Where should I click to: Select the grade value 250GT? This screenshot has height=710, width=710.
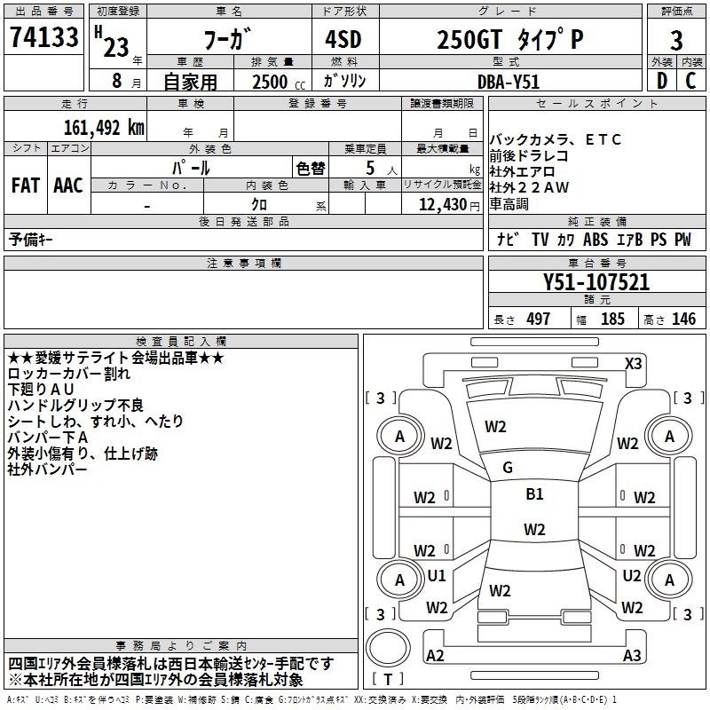(x=470, y=41)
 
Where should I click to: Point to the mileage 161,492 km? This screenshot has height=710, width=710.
(x=103, y=127)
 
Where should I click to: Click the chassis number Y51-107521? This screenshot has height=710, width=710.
(x=596, y=283)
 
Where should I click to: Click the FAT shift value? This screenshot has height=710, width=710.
(x=26, y=185)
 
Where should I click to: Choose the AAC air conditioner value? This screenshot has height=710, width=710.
(x=68, y=185)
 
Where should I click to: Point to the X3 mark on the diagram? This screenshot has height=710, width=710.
(x=633, y=363)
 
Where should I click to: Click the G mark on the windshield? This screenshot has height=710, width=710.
(x=508, y=468)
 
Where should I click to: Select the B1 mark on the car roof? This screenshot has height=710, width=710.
(x=534, y=494)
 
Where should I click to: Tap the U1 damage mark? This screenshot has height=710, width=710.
(x=437, y=576)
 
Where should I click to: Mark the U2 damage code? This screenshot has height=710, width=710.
(x=632, y=576)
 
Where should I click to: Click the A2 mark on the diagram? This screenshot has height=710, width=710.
(x=436, y=655)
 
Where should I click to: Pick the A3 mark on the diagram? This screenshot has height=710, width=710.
(x=632, y=655)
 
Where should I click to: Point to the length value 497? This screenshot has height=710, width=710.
(x=538, y=319)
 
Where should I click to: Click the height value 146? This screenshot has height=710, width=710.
(x=683, y=319)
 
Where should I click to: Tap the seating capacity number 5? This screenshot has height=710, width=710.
(x=369, y=168)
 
